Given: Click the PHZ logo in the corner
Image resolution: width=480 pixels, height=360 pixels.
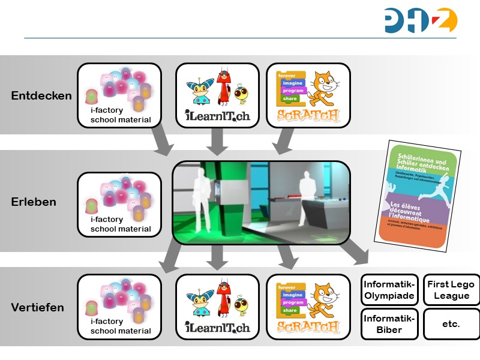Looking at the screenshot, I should (421, 20).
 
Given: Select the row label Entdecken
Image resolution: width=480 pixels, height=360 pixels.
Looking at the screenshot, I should (41, 95).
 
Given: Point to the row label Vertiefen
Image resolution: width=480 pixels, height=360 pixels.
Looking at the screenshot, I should (37, 308).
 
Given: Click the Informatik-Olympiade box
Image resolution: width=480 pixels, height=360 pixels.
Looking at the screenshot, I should (389, 290).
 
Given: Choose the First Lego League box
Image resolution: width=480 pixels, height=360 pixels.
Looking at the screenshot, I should (451, 290).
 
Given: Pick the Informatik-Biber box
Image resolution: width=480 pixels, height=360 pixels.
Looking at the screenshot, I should (389, 324).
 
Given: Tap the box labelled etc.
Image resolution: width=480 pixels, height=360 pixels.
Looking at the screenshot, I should (451, 324).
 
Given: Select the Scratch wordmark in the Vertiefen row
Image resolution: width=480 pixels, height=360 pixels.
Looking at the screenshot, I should (308, 326).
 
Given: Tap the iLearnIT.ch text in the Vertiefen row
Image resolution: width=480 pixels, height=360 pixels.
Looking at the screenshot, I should (217, 328).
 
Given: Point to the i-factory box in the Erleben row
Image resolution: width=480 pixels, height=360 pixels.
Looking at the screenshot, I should (119, 204).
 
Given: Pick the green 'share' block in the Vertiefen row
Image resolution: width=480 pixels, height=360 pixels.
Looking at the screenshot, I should (290, 311).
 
